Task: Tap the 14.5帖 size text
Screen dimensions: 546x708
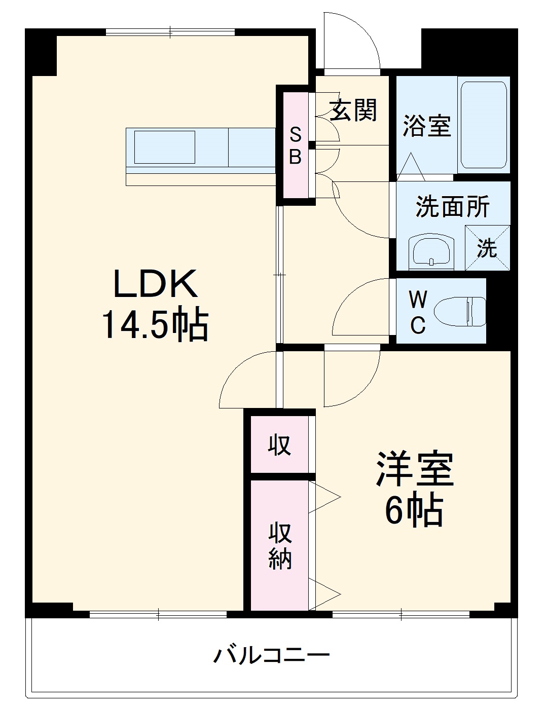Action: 155,326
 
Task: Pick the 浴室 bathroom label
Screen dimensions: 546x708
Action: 427,126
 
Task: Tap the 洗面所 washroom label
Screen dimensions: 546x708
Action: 453,206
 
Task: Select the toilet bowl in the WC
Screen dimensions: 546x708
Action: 460,311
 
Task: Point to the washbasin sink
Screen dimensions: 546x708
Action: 431,251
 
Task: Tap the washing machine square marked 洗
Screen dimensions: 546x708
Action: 487,248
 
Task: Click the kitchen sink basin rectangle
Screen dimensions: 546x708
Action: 165,147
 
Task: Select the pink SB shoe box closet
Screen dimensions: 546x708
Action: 296,145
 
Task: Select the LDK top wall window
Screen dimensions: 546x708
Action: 170,32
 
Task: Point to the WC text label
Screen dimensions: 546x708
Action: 418,312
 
